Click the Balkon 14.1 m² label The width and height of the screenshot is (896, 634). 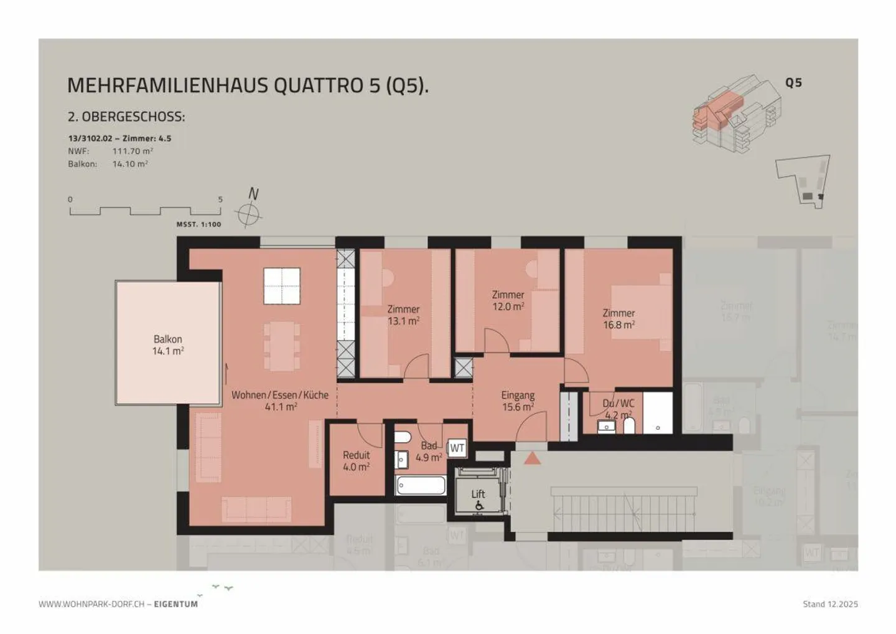tap(168, 345)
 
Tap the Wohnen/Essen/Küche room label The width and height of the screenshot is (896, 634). tap(280, 400)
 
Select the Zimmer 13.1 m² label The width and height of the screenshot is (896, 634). tap(403, 315)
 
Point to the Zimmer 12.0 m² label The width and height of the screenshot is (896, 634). tap(508, 300)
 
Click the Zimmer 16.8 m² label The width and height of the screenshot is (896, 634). tap(618, 319)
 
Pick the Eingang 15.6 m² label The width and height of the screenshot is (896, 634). tap(518, 401)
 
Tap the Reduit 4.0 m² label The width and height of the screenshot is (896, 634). tap(356, 461)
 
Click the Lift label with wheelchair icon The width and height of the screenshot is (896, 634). tap(478, 499)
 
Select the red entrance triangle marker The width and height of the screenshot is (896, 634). tap(532, 458)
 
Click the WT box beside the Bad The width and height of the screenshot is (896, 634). tap(457, 448)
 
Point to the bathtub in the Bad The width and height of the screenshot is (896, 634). tap(421, 485)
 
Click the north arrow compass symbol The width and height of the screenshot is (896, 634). tap(249, 214)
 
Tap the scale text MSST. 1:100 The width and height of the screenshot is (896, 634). tap(198, 224)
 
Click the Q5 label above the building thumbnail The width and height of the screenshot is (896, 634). tap(793, 82)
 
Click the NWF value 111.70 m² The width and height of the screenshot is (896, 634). tap(133, 151)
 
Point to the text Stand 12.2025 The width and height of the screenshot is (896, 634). tap(830, 603)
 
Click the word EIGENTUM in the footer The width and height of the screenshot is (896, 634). tap(176, 603)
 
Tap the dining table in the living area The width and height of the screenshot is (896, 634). tap(282, 346)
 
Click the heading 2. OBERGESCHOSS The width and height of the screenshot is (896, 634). tap(126, 117)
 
